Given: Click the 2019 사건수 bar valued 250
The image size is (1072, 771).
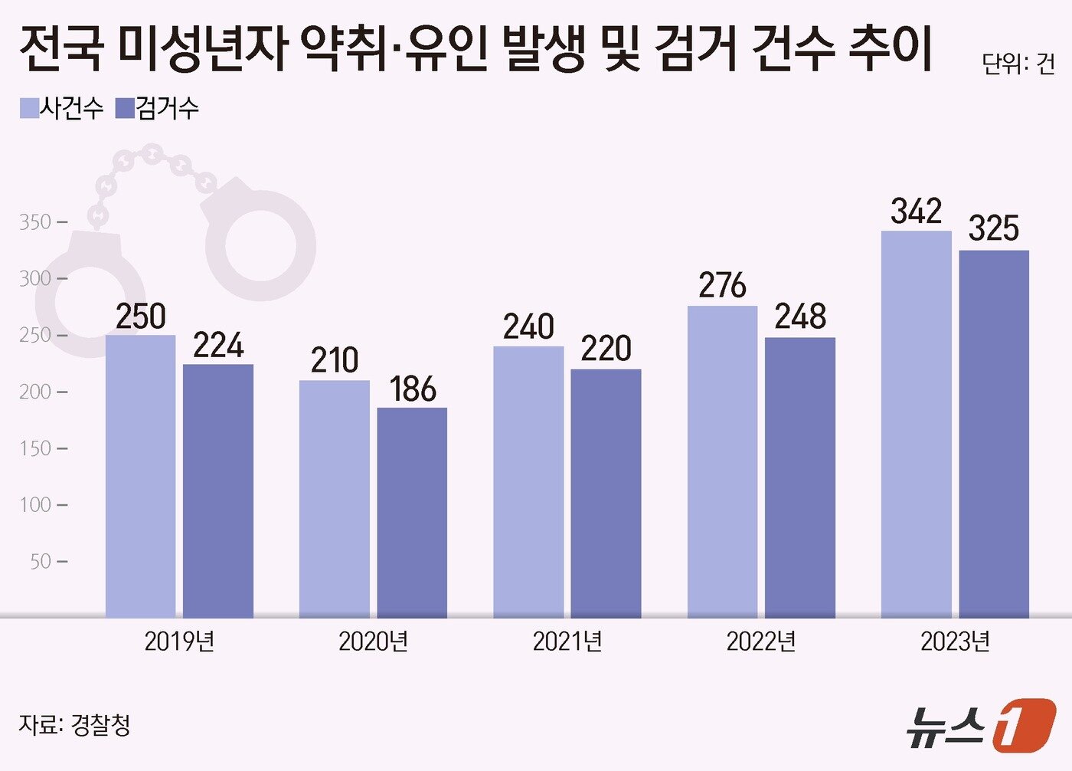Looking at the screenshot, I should click(x=140, y=475).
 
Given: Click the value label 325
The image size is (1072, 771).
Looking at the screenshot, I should click(x=993, y=228).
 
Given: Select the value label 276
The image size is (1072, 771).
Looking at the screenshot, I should click(x=721, y=286).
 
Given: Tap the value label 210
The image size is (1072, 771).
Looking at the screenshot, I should click(x=334, y=360).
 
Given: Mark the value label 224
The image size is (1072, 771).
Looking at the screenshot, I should click(x=218, y=346).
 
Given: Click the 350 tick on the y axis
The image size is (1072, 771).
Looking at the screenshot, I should click(x=35, y=222).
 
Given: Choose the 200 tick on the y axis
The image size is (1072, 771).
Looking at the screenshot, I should click(x=35, y=392).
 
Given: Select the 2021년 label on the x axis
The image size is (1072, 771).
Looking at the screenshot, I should click(x=567, y=641).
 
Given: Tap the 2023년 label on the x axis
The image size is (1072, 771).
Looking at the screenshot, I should click(x=955, y=641).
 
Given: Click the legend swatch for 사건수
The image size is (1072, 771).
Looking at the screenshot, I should click(x=29, y=108).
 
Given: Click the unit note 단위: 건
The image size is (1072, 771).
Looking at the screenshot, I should click(x=1018, y=64).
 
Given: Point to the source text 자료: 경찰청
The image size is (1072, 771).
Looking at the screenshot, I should click(x=74, y=724).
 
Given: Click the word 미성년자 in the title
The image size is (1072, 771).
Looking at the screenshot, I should click(x=202, y=48).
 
